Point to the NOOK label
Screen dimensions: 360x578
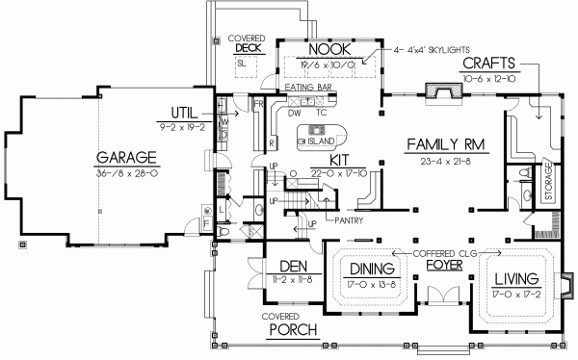click(x=328, y=49)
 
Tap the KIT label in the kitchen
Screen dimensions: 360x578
click(x=338, y=160)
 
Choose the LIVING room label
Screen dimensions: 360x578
click(x=514, y=279)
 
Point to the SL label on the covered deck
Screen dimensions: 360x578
click(x=241, y=63)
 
